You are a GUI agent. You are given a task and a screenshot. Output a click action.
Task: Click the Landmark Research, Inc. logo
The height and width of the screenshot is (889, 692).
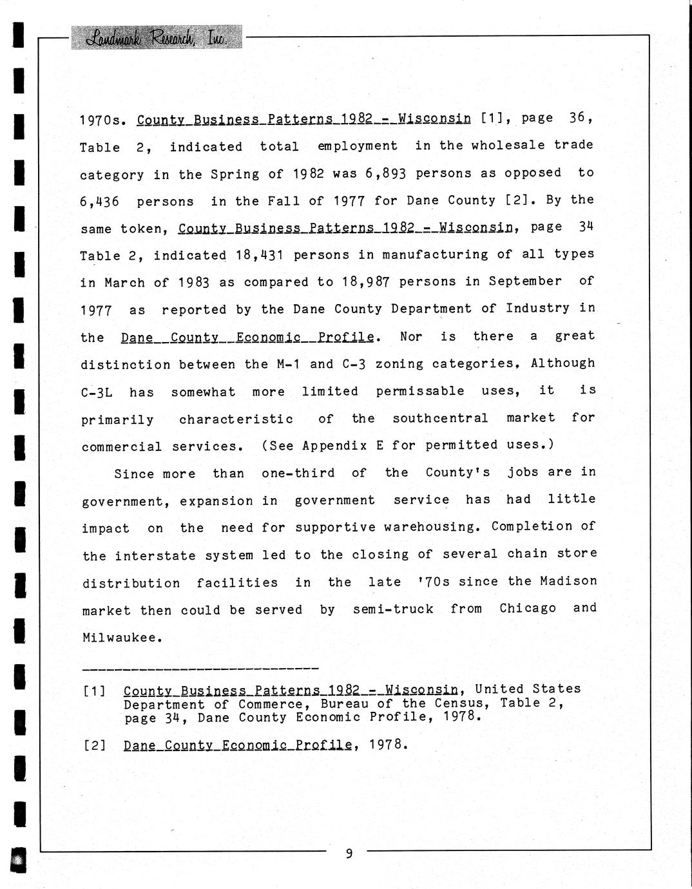(x=157, y=37)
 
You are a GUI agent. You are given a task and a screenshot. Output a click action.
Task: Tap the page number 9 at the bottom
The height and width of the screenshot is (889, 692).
(x=349, y=854)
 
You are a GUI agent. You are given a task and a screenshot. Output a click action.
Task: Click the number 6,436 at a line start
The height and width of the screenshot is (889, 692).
(x=99, y=202)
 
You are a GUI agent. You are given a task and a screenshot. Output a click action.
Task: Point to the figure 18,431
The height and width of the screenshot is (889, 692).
(x=260, y=255)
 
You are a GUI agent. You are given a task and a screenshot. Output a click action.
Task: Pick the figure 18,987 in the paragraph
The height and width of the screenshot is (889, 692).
(x=363, y=282)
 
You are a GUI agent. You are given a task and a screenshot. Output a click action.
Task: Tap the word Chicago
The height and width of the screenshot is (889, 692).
(x=527, y=608)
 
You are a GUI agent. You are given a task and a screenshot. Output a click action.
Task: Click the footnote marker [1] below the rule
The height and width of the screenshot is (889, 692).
(x=94, y=691)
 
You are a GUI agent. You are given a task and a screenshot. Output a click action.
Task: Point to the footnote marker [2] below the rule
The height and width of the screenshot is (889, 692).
(x=94, y=746)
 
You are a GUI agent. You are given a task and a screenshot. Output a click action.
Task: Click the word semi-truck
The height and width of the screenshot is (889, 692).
(x=393, y=609)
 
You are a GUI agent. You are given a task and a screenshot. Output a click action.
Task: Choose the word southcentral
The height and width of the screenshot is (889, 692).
(x=440, y=418)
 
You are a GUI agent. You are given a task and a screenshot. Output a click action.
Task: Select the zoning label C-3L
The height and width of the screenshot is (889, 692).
(x=96, y=392)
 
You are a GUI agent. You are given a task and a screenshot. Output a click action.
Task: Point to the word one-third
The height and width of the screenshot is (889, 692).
(x=298, y=473)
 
